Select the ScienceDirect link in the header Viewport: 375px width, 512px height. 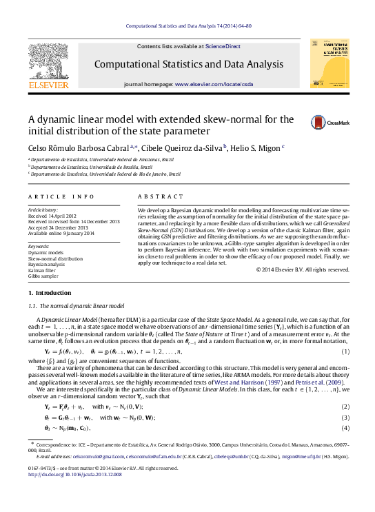[223, 46]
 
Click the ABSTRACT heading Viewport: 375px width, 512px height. [161, 196]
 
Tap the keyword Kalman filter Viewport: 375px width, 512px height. [43, 270]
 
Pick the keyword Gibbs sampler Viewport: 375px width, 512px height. [43, 276]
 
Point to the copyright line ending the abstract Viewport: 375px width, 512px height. [303, 269]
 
